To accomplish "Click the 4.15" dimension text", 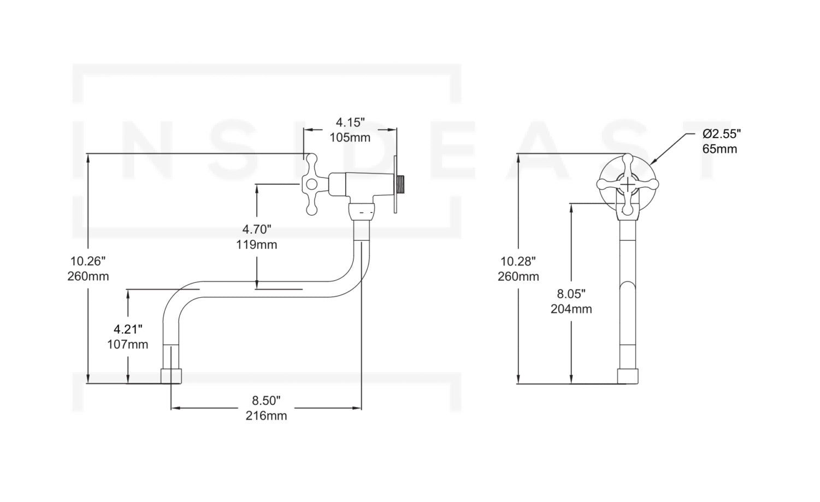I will [x=350, y=122].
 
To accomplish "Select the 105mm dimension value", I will [x=350, y=138].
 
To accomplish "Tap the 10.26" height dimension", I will [x=88, y=261].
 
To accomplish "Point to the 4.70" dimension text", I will [x=257, y=229].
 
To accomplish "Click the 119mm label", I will [x=257, y=245].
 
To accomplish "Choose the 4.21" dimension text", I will [x=128, y=329].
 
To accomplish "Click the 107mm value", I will [x=128, y=345].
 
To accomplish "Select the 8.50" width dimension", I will [x=266, y=400].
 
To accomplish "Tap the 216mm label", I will [x=266, y=416].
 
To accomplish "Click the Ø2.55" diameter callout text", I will [x=722, y=134].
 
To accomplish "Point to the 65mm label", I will [x=719, y=149].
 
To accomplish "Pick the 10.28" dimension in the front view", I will [x=518, y=261].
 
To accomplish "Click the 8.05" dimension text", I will [x=571, y=293].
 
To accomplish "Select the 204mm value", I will [x=571, y=309].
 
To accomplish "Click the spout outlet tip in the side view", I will [x=171, y=376].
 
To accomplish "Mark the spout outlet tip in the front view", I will [x=628, y=376].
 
